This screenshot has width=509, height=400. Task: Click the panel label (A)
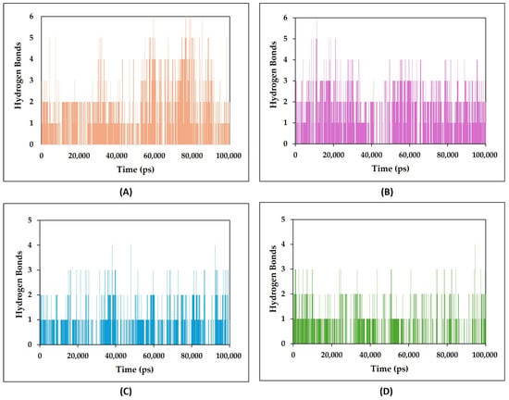click(x=126, y=193)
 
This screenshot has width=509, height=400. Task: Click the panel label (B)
click(x=387, y=193)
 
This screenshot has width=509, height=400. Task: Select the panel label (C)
click(x=126, y=392)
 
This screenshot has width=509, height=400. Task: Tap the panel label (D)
click(x=386, y=392)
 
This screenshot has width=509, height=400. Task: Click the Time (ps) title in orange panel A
click(x=135, y=169)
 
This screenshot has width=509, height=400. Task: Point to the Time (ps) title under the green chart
click(x=390, y=369)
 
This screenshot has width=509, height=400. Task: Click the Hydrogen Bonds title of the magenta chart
click(x=274, y=74)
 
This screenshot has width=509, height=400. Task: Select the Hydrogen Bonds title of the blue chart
click(x=19, y=284)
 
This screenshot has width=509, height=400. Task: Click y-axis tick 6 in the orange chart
click(x=31, y=17)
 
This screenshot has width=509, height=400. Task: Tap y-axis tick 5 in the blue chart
click(x=30, y=220)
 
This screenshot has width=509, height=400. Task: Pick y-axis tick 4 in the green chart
click(x=283, y=244)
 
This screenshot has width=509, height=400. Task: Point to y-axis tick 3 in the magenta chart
click(x=285, y=81)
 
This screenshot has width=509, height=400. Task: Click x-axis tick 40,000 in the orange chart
click(x=117, y=156)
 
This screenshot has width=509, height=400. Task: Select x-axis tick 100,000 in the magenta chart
click(x=484, y=155)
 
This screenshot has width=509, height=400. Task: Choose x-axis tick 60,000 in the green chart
click(x=408, y=355)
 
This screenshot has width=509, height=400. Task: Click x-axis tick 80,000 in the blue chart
click(x=192, y=356)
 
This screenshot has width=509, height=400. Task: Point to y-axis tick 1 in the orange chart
click(x=31, y=123)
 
